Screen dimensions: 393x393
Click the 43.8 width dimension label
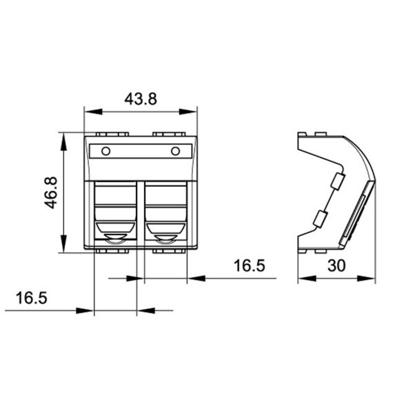[141, 99]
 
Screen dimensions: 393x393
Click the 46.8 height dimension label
[51, 192]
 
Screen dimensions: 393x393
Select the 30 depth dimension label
[336, 265]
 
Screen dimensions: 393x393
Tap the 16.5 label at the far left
[31, 298]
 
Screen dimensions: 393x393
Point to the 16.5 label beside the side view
[249, 265]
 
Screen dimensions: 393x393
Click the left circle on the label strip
[105, 151]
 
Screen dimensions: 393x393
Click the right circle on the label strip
[175, 151]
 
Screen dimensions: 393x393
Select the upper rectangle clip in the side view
[338, 181]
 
